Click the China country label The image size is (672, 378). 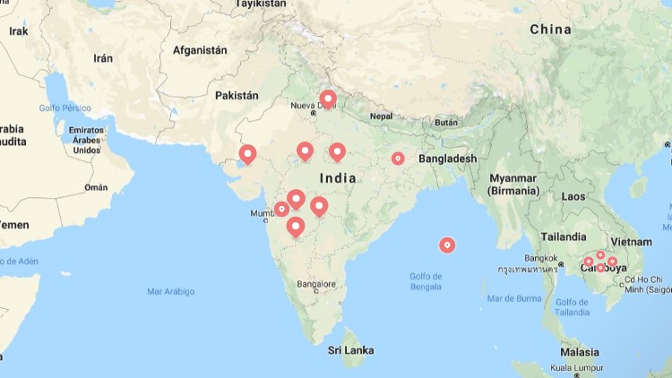[x=550, y=30]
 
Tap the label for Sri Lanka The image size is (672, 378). [x=350, y=350]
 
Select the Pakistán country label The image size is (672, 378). [x=237, y=95]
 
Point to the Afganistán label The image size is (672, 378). [x=200, y=50]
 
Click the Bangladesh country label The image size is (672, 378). [x=447, y=159]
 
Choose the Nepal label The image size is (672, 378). [x=381, y=116]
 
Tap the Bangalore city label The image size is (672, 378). [x=316, y=285]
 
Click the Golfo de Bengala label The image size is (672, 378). [x=426, y=281]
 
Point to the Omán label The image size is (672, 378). [x=95, y=187]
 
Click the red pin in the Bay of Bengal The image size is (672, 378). [x=447, y=245]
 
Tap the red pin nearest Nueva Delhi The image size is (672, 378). [x=328, y=99]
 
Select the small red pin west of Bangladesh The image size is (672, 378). [x=398, y=159]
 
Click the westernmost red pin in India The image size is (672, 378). [x=247, y=154]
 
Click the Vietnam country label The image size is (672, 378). [x=631, y=242]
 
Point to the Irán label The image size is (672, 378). [x=103, y=58]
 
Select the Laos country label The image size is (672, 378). [x=573, y=196]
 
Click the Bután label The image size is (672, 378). [x=445, y=122]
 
